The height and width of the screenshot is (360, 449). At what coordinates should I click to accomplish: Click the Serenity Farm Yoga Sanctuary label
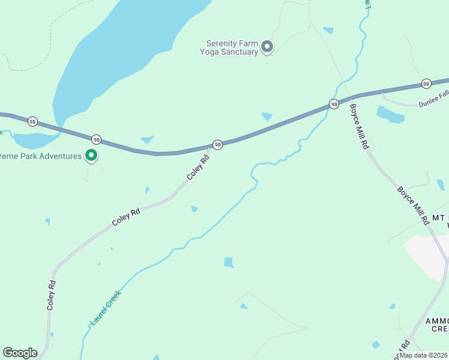pos(232,47)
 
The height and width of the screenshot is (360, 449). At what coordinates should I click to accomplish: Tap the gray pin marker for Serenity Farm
pos(268,47)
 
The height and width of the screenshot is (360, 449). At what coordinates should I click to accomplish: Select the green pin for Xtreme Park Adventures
pos(91,156)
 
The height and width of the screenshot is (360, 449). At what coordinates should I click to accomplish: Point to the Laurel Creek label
pos(106,307)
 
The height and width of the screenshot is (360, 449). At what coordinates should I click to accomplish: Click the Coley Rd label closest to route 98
pos(197,167)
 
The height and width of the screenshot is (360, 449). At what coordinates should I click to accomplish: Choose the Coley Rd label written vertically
pos(52,295)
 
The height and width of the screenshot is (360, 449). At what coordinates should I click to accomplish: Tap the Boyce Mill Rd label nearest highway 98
pos(359,127)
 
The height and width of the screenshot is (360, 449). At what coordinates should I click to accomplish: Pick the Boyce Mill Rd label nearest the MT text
pos(413,205)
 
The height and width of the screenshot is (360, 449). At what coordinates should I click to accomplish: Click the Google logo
pos(20,353)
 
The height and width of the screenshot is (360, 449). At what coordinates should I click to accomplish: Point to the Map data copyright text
pos(424,355)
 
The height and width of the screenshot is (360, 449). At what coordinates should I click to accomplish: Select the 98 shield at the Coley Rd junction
pos(217,145)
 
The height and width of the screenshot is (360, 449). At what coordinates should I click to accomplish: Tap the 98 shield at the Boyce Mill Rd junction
pos(334,104)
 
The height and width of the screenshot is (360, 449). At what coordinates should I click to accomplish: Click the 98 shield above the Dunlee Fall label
pos(426,83)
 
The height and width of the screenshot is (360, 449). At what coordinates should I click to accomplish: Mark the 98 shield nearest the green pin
pos(96,139)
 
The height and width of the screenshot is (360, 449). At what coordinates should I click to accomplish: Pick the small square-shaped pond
pos(229,262)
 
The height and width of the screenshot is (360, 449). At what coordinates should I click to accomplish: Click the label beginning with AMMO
pos(437,325)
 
